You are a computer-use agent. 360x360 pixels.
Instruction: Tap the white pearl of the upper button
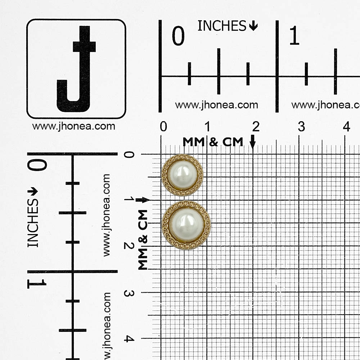click(x=182, y=175)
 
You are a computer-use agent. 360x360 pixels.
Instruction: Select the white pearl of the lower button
click(x=186, y=225)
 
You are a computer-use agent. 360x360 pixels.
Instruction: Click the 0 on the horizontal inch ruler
click(x=178, y=36)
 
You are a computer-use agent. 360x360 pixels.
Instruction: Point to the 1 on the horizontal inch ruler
click(x=294, y=35)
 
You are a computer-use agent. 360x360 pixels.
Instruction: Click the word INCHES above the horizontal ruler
click(x=222, y=26)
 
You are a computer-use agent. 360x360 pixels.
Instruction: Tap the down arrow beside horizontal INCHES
click(x=253, y=26)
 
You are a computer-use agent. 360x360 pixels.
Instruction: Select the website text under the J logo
click(x=74, y=126)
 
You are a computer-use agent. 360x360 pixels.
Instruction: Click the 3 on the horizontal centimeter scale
click(x=301, y=126)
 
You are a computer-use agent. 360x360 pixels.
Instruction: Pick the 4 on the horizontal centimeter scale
click(x=346, y=126)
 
